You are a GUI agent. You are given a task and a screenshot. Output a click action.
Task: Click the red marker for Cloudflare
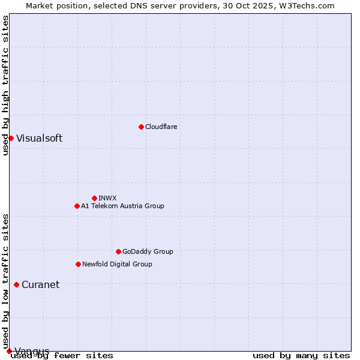[x=141, y=127]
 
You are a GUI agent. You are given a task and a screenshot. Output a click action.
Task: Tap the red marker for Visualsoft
[x=11, y=138]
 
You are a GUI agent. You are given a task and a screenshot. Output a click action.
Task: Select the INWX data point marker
[x=94, y=198]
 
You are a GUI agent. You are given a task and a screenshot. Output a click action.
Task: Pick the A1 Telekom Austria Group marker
[x=77, y=206]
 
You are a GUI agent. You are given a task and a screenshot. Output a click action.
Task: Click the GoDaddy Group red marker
[x=118, y=251]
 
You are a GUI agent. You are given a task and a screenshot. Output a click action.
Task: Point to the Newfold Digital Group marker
[x=78, y=264]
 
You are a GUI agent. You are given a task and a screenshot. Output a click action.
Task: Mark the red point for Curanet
[x=16, y=284]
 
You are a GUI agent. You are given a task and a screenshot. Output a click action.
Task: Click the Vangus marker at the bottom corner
[x=9, y=351]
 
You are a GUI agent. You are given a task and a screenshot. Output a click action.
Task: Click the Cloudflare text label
[x=161, y=127]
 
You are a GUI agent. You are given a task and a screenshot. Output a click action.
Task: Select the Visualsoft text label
[x=39, y=138]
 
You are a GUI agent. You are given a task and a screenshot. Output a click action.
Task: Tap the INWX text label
[x=107, y=198]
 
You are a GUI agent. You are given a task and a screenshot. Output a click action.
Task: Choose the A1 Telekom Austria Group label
[x=122, y=206]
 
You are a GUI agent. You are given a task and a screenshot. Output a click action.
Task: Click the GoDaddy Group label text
[x=148, y=251]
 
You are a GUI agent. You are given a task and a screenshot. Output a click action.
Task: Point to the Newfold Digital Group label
[x=117, y=264]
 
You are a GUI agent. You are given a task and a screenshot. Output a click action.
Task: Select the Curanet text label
[x=40, y=284]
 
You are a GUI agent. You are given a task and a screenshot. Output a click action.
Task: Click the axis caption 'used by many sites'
[x=301, y=355]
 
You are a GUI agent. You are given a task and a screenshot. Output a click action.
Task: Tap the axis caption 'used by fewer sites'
[x=62, y=355]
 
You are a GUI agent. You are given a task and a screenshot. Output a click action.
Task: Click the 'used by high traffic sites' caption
[x=5, y=85]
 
